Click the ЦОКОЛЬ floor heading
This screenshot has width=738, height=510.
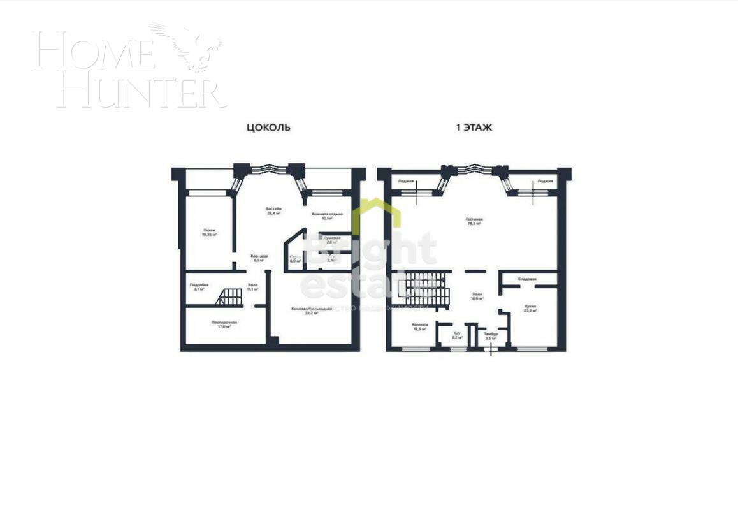pyautogui.click(x=268, y=127)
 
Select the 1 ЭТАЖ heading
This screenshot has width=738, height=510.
pyautogui.click(x=474, y=127)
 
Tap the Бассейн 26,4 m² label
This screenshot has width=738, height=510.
pyautogui.click(x=274, y=212)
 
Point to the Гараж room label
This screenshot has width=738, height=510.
pyautogui.click(x=210, y=232)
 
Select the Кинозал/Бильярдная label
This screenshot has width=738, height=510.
pyautogui.click(x=312, y=310)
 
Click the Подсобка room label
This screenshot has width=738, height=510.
pyautogui.click(x=199, y=286)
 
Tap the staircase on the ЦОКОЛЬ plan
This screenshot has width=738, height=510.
pyautogui.click(x=229, y=297)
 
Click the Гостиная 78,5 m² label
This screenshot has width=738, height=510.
pyautogui.click(x=474, y=221)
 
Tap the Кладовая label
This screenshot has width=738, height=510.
pyautogui.click(x=526, y=279)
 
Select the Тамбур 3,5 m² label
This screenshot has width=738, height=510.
pyautogui.click(x=490, y=336)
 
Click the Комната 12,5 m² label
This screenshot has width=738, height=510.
pyautogui.click(x=419, y=326)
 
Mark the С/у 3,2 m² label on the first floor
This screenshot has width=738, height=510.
pyautogui.click(x=457, y=335)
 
